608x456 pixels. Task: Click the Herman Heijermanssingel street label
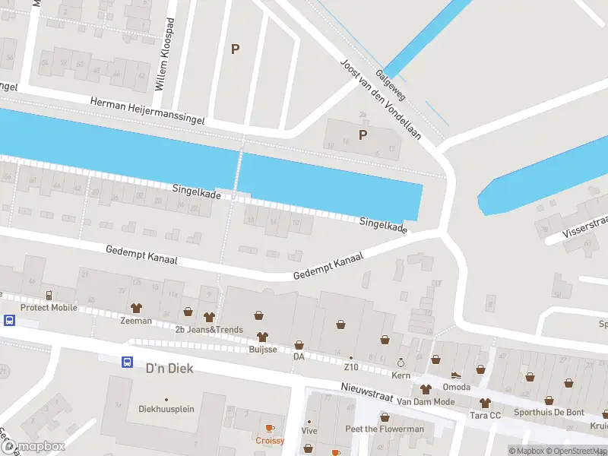click(x=147, y=111)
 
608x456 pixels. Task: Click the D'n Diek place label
click(x=169, y=369)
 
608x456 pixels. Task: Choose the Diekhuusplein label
click(x=166, y=409)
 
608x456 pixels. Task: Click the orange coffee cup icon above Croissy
click(x=270, y=429)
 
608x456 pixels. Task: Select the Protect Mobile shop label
click(x=49, y=307)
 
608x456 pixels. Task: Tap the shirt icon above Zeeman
click(x=137, y=309)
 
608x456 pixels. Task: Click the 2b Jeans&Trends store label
click(x=209, y=329)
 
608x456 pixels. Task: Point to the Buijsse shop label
click(x=262, y=350)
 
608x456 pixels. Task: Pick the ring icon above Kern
click(x=401, y=363)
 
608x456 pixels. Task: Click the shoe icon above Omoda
click(x=456, y=374)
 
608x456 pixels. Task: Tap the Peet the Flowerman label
click(x=385, y=429)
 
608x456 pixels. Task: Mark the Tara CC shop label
click(x=484, y=415)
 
